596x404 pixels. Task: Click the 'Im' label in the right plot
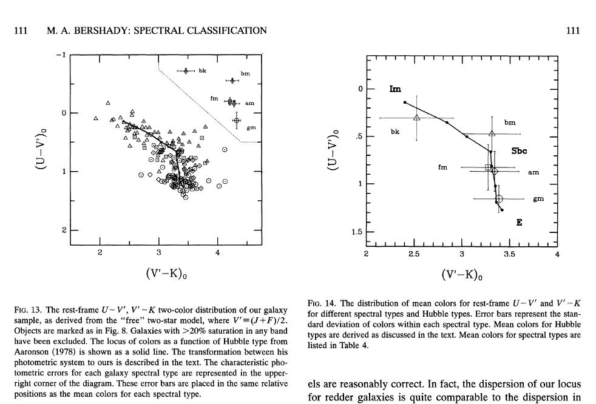(395, 89)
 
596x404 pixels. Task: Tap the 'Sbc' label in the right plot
(519, 150)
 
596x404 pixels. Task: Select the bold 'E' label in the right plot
(519, 223)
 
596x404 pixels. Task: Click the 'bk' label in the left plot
(202, 70)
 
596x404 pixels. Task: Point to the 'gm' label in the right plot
(538, 199)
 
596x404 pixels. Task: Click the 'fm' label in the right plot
(442, 167)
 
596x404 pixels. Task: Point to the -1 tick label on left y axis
(59, 55)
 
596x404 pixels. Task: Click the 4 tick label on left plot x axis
(217, 252)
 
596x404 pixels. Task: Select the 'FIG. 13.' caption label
(26, 310)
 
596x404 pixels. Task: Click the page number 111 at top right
(573, 31)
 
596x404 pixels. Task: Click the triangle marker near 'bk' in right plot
(416, 118)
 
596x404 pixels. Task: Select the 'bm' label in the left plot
(245, 73)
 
